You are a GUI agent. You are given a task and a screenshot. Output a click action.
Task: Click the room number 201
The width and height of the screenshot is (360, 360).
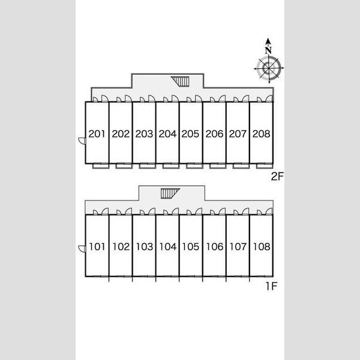[x=97, y=134]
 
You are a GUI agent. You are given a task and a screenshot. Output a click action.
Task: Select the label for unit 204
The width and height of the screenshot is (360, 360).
[x=167, y=134]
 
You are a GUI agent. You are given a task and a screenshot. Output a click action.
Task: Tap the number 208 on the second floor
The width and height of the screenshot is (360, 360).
[x=261, y=134]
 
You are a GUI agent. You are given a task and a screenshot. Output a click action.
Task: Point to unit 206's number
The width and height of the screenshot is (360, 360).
[x=214, y=134]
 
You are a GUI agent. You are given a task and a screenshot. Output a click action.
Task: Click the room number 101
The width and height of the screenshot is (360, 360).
[x=97, y=247]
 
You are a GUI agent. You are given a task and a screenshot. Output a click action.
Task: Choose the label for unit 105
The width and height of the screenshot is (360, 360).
[x=191, y=247]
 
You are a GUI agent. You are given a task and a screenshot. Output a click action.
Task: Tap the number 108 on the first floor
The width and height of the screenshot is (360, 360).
[x=262, y=247]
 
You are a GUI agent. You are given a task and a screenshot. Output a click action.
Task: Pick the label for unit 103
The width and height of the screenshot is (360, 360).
[x=145, y=247]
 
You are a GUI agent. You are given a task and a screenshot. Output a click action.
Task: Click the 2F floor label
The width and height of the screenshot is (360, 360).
[x=277, y=176]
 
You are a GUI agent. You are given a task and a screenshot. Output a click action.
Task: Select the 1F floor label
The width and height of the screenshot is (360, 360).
[x=271, y=286]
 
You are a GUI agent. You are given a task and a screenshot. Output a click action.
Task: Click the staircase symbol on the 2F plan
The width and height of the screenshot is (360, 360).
[x=181, y=82]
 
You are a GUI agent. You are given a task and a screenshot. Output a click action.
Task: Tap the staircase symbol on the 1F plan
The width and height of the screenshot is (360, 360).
[x=170, y=194]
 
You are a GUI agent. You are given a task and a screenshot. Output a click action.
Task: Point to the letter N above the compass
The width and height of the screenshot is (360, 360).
[x=268, y=50]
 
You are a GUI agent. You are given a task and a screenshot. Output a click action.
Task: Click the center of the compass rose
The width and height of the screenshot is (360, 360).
[x=269, y=68]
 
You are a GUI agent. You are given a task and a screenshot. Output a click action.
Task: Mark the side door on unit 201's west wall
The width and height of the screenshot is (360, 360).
[x=82, y=141]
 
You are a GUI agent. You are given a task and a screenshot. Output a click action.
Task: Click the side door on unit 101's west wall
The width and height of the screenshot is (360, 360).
[x=82, y=249]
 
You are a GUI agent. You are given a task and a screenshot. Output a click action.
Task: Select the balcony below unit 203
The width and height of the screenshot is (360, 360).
[x=148, y=166]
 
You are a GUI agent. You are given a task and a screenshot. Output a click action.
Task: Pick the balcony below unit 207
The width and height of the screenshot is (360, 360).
[x=241, y=166]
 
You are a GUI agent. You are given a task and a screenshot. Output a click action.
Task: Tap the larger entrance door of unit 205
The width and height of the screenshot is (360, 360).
[x=199, y=99]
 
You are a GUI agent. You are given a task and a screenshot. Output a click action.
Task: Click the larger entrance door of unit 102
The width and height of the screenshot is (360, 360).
[x=128, y=211]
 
